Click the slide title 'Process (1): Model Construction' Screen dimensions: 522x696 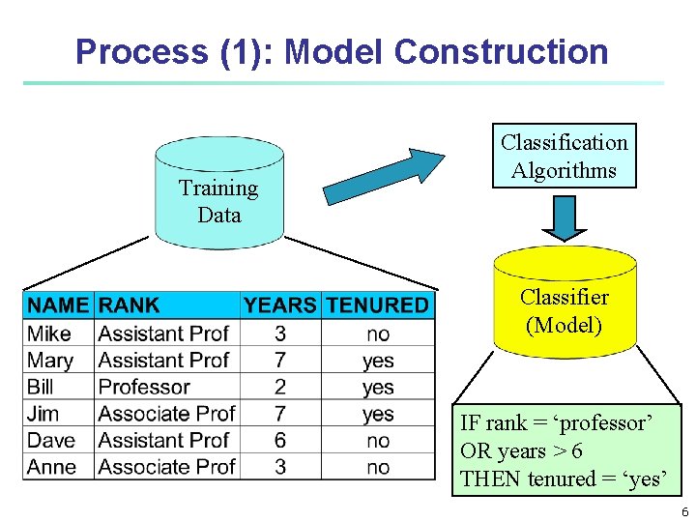pos(341,51)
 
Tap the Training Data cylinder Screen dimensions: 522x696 pos(219,198)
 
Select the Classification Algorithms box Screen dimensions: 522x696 pos(564,156)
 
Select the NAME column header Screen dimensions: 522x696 pos(58,305)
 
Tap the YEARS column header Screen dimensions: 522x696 pos(279,305)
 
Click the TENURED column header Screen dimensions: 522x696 pos(377,305)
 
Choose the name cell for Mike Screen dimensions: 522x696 pos(49,333)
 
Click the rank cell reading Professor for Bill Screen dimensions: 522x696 pos(144,387)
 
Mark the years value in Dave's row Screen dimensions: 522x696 pos(279,440)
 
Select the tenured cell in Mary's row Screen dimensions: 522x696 pos(378,361)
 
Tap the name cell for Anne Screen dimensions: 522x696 pos(52,467)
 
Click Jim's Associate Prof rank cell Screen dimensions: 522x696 pos(166,414)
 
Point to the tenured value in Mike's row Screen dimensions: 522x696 pos(378,333)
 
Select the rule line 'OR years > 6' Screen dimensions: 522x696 pos(521,451)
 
